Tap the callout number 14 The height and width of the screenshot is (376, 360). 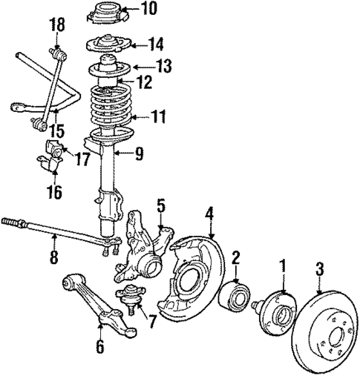click(x=154, y=43)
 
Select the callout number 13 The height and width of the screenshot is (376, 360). click(x=163, y=66)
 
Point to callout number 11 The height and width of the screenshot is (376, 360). click(x=158, y=116)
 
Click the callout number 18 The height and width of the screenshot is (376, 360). click(x=57, y=26)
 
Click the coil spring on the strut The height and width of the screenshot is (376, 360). click(x=111, y=111)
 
